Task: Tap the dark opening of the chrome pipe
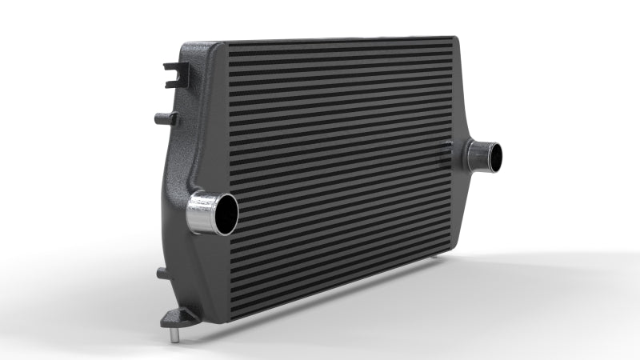[226, 213]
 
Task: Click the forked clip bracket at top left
[174, 74]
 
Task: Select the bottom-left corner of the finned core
[231, 318]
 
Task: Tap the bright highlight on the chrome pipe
[196, 214]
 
